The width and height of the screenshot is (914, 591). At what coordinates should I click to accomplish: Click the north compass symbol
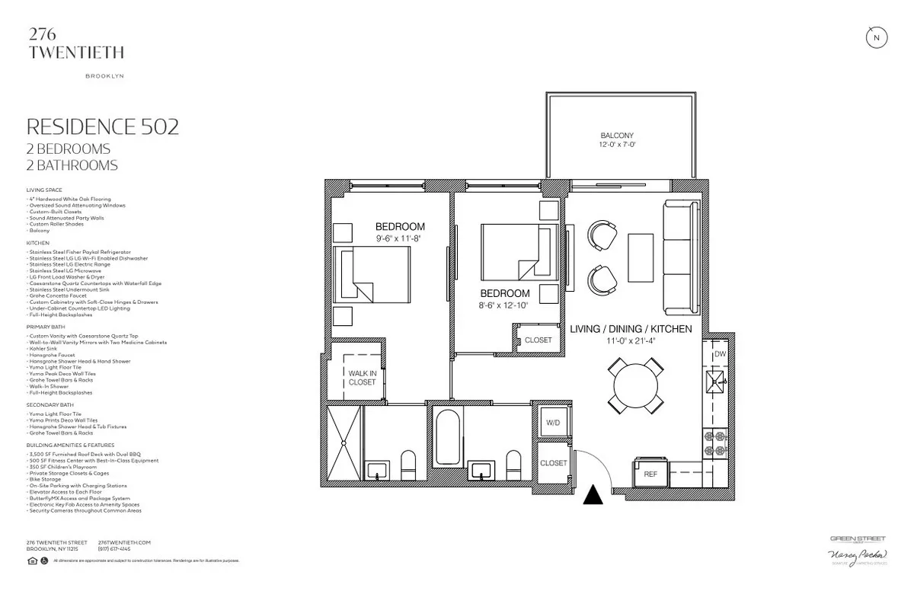coord(876,38)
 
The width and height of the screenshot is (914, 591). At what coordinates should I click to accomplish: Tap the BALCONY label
coord(617,136)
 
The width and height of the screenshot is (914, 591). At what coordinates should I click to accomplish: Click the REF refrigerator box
coord(650,474)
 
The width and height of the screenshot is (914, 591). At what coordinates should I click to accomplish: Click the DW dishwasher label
coord(719,353)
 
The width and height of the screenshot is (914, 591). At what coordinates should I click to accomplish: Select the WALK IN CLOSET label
coord(362,377)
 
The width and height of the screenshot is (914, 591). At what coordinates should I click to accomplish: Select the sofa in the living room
coord(681,257)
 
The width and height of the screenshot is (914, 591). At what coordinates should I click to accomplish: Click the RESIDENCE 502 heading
coord(103,126)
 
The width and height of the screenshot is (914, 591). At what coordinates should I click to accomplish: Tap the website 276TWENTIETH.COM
coord(125,542)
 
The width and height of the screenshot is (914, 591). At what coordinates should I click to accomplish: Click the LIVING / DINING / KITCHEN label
coord(631,329)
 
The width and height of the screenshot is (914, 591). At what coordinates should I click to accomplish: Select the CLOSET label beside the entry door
coord(554,463)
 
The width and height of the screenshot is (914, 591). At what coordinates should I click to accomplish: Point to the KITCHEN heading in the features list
coord(37,243)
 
